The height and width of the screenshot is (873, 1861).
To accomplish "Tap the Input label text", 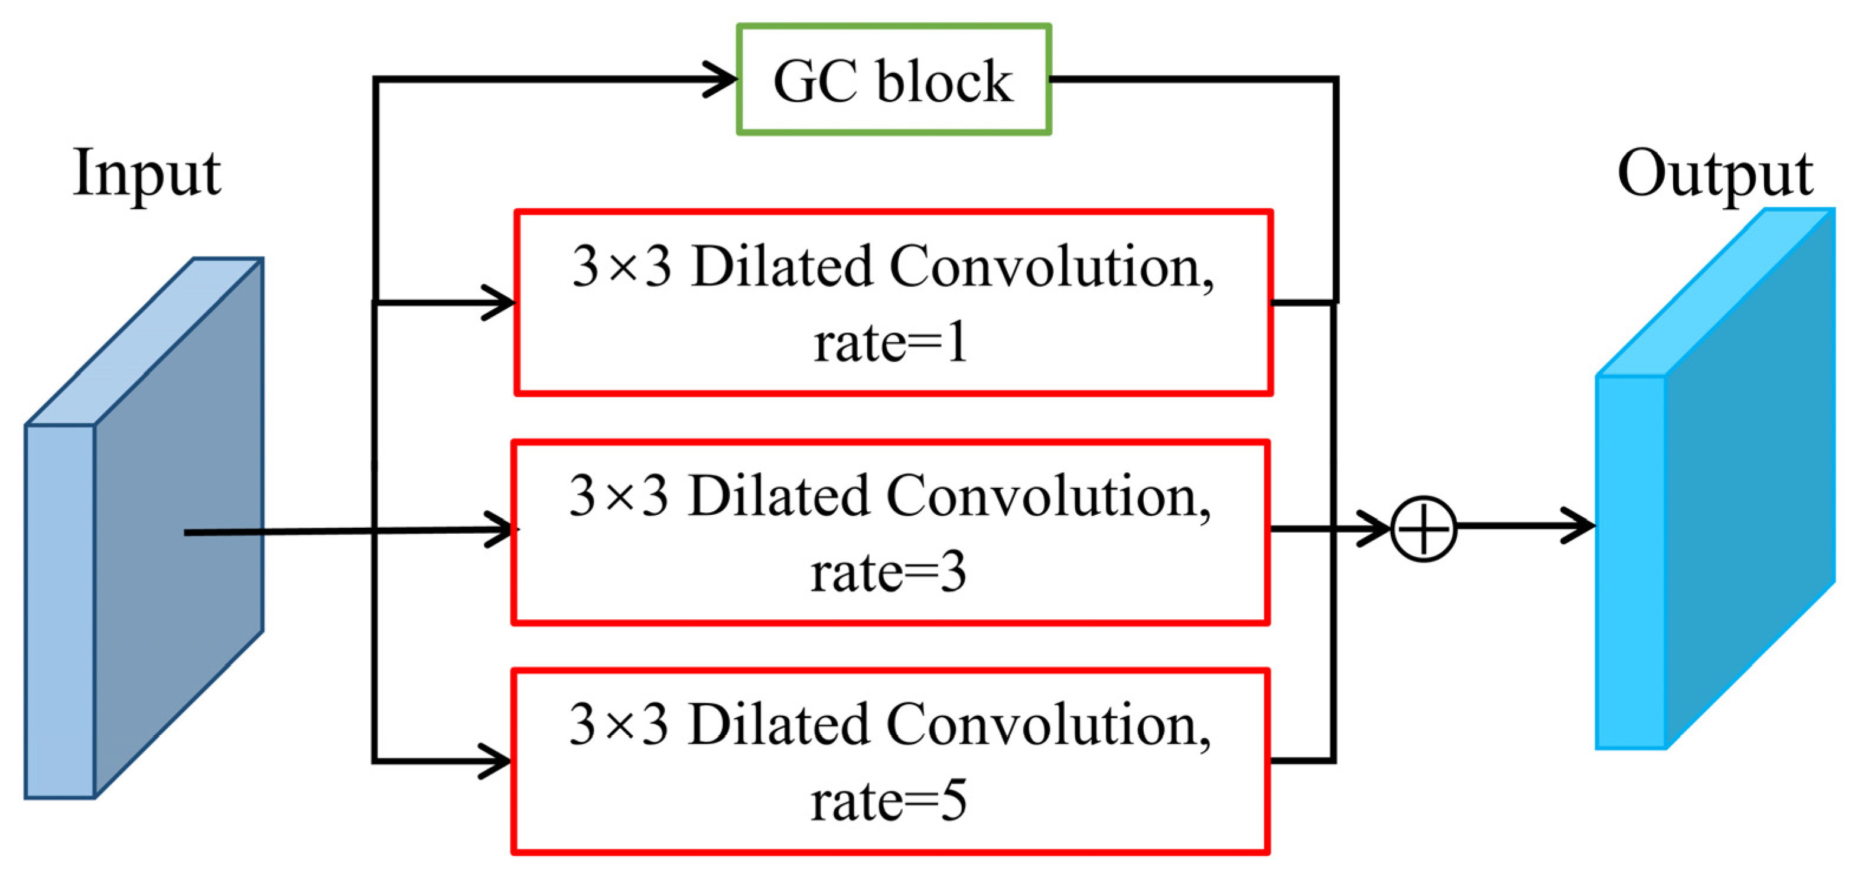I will [147, 173].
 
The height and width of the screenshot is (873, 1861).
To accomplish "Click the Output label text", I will [1715, 173].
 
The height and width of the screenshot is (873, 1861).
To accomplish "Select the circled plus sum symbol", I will [1423, 528].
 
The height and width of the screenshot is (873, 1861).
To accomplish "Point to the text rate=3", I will [888, 572].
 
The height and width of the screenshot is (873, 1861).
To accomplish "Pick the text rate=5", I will [888, 801].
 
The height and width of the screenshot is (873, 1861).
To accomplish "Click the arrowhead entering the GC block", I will [723, 79].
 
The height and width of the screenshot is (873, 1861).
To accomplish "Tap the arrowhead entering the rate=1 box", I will [500, 302].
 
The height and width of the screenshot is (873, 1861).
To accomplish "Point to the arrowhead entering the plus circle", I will [1375, 528].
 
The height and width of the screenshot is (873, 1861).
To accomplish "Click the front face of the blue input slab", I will [60, 611].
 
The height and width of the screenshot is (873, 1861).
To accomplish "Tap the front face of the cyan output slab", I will [1631, 562].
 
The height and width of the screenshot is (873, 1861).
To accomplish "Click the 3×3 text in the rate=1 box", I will [622, 267].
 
